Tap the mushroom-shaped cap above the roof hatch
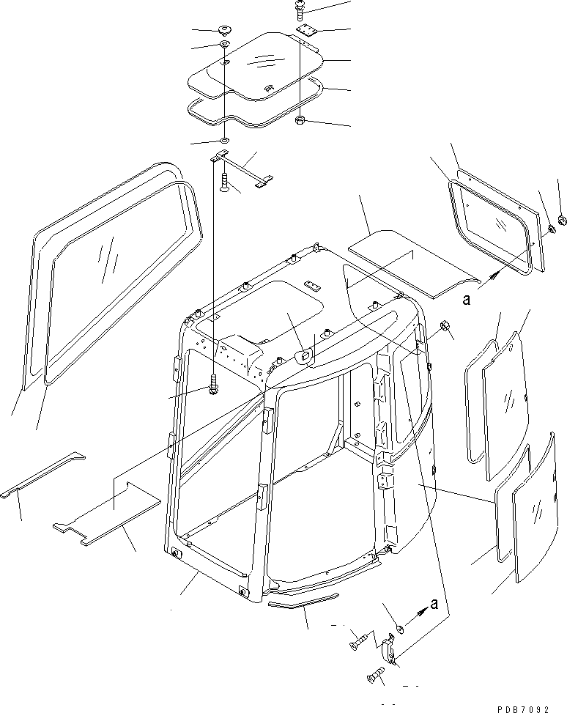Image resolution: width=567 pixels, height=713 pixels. pos(224,31)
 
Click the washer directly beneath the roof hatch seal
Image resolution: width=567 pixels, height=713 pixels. pos(224,140)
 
